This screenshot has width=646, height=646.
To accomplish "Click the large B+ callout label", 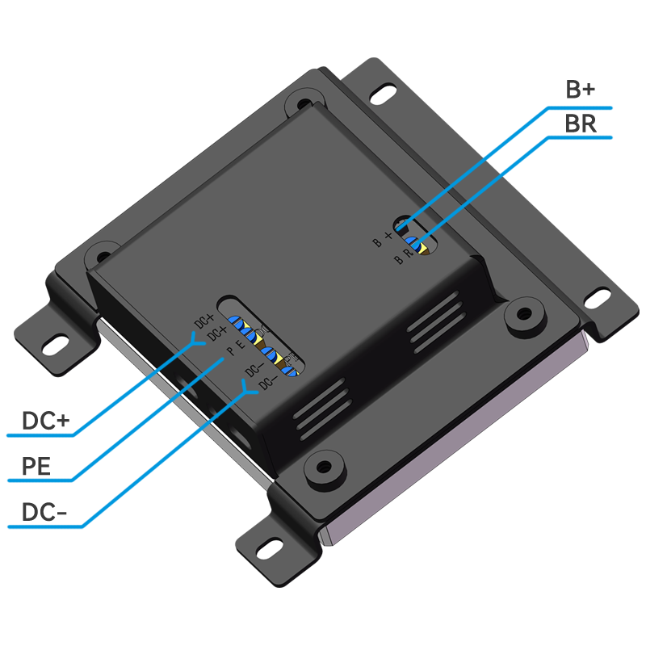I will pos(580,90).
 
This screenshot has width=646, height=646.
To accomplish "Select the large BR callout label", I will pos(581,124).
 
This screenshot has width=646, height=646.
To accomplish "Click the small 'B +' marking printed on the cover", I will pos(382,238).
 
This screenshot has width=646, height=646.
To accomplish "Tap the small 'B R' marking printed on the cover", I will pos(403,258).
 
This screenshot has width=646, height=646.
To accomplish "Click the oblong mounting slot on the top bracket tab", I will pos(384,94).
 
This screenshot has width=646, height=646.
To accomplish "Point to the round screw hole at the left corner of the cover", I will pos(97,252).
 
